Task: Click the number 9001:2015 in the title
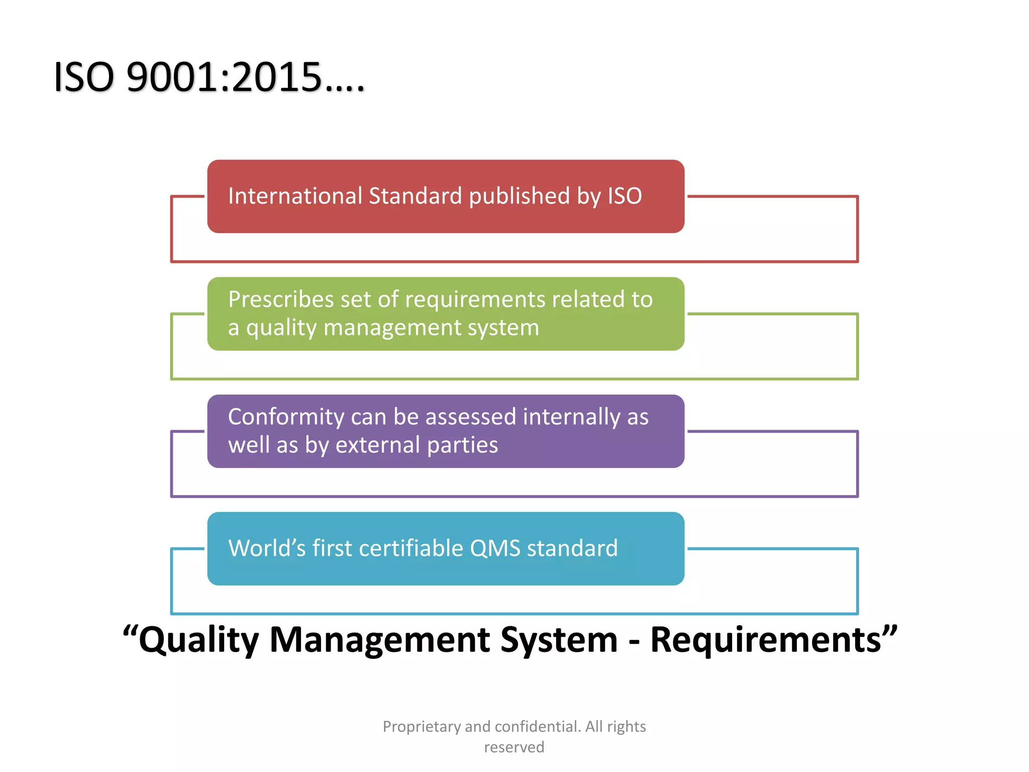pos(224,78)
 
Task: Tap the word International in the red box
pos(295,196)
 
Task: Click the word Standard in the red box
pos(415,196)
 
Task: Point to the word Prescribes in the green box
pos(281,300)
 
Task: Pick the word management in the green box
pos(392,328)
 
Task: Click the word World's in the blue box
pos(267,548)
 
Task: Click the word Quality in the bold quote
pos(198,640)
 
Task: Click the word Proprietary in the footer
pos(422,727)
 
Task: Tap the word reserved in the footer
pos(514,747)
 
